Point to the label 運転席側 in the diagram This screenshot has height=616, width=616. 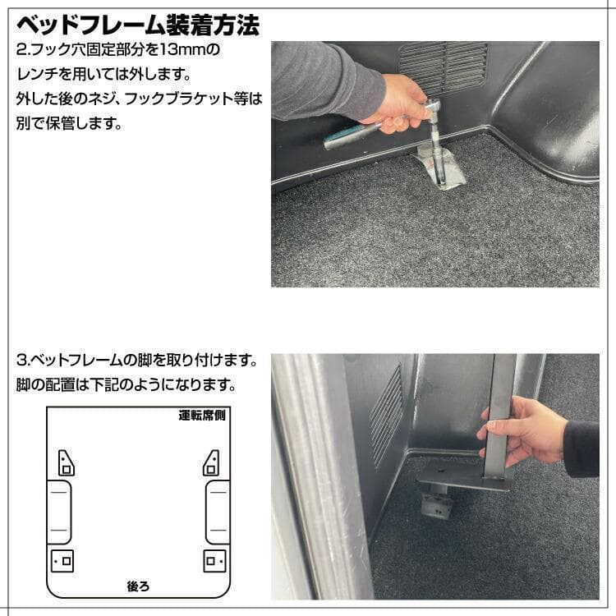click(202, 415)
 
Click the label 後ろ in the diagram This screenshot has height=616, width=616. click(137, 586)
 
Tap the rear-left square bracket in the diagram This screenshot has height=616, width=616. click(62, 561)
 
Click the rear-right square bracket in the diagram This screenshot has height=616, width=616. click(214, 561)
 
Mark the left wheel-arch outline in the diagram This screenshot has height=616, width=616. click(58, 511)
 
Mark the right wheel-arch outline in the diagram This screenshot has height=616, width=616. click(217, 511)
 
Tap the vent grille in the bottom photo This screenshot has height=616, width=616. click(386, 415)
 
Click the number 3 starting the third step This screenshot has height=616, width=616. click(21, 361)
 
